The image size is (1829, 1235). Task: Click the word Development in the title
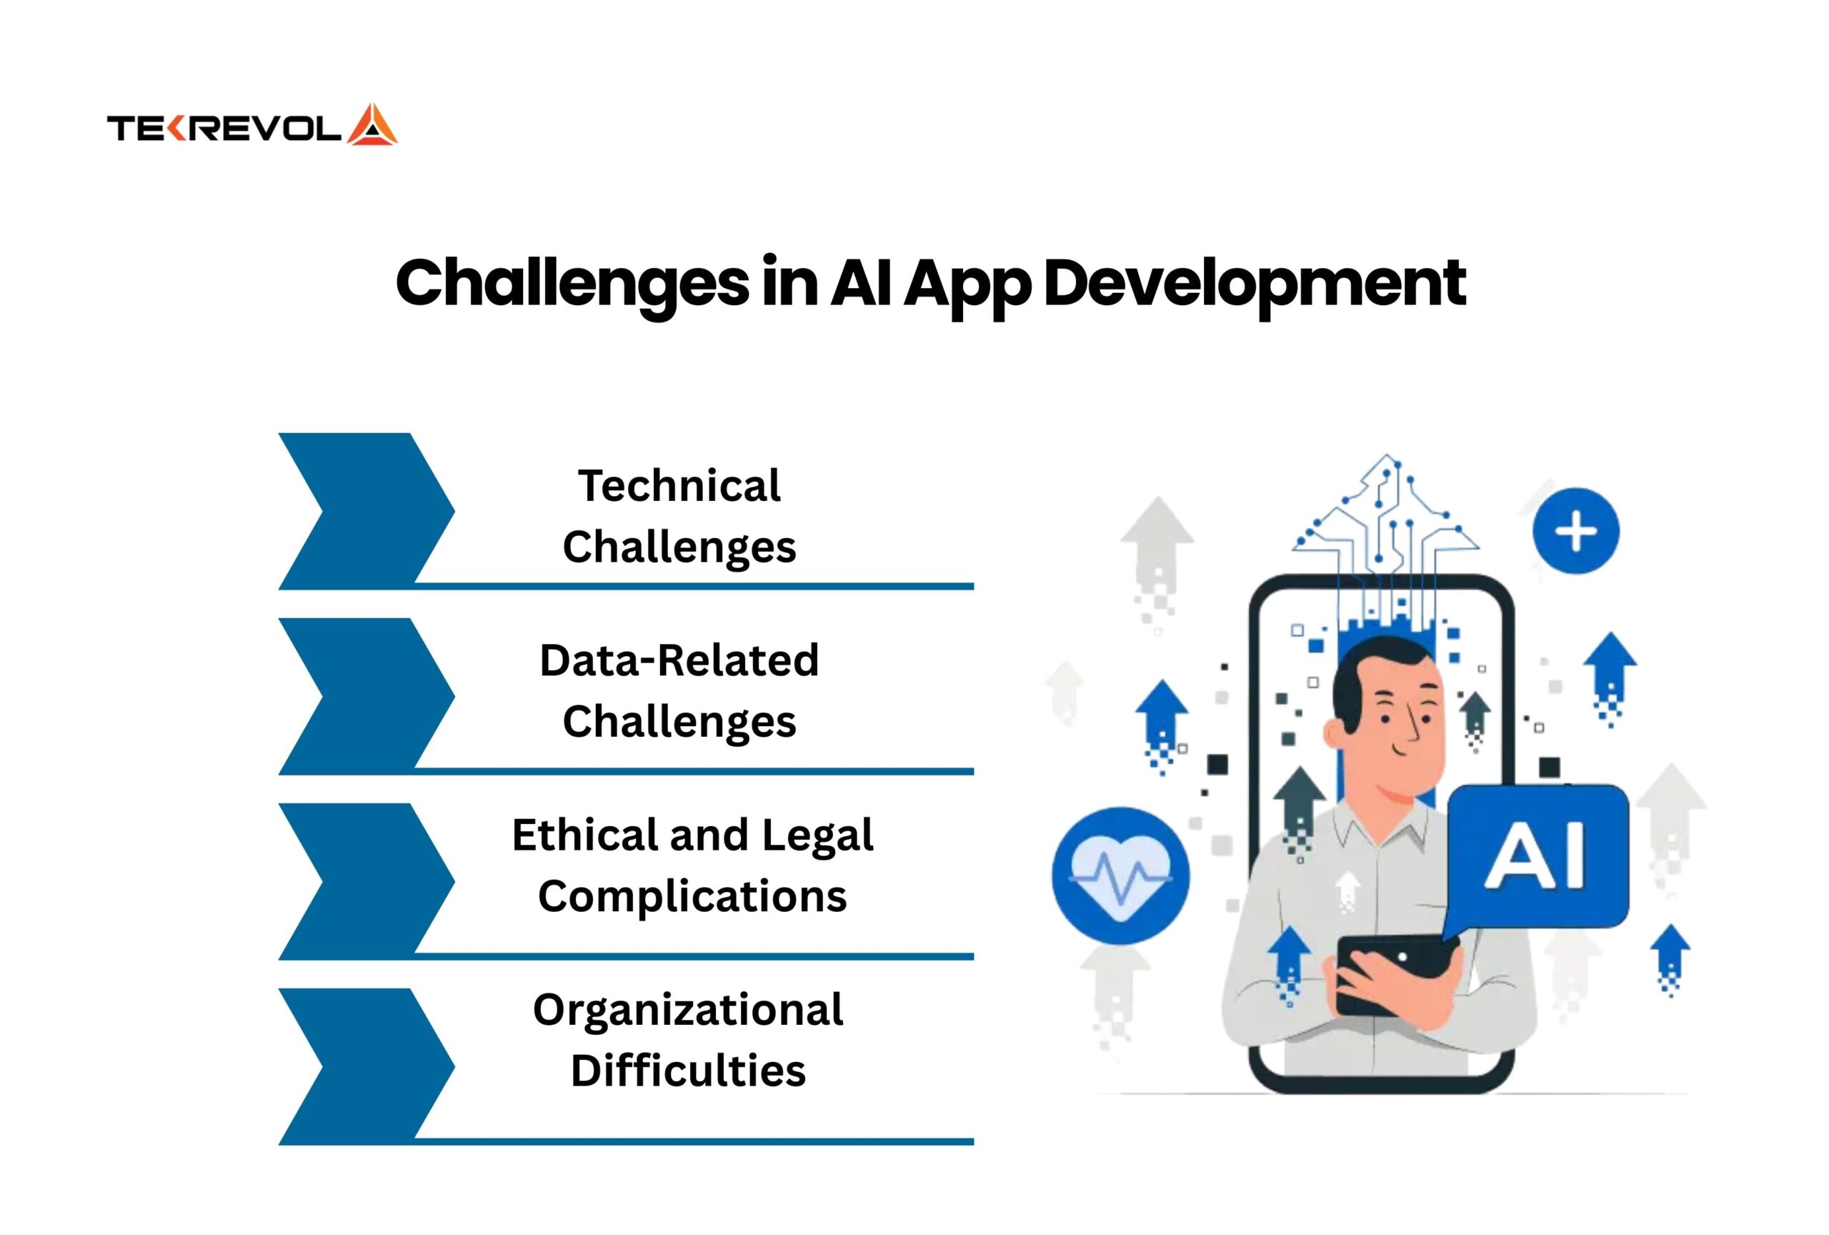tap(1254, 284)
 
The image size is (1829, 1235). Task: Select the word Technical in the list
tap(679, 486)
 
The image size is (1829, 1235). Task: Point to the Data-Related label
tap(679, 660)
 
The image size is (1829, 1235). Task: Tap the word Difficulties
tap(688, 1071)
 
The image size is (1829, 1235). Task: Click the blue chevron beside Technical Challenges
tap(366, 511)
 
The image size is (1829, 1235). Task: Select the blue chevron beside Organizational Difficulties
tap(366, 1066)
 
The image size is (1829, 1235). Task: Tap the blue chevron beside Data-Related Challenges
tap(366, 696)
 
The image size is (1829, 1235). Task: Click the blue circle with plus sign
tap(1575, 530)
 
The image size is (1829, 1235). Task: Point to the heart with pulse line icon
tap(1121, 876)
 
